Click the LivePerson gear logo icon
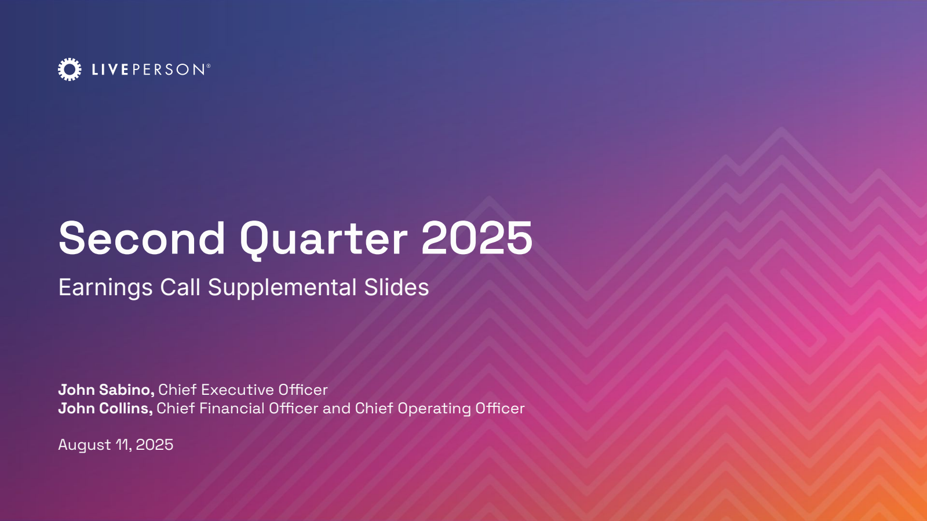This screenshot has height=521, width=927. pyautogui.click(x=70, y=69)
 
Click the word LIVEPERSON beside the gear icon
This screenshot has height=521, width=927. pyautogui.click(x=148, y=69)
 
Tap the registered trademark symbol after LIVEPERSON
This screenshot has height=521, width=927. pyautogui.click(x=208, y=66)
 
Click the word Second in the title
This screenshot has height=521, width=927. pyautogui.click(x=142, y=238)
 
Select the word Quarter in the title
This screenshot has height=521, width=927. pyautogui.click(x=324, y=240)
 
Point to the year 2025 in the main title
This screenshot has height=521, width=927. pyautogui.click(x=477, y=238)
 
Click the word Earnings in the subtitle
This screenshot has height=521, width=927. pyautogui.click(x=105, y=288)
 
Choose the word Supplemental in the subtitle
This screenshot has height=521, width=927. pyautogui.click(x=282, y=288)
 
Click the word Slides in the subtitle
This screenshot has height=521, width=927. pyautogui.click(x=396, y=287)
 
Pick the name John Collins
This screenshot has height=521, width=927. pyautogui.click(x=105, y=409)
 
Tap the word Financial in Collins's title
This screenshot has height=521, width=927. pyautogui.click(x=232, y=409)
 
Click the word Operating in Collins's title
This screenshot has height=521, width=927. pyautogui.click(x=434, y=409)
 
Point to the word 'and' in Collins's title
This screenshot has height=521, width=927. pyautogui.click(x=337, y=409)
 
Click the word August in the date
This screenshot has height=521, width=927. pyautogui.click(x=85, y=446)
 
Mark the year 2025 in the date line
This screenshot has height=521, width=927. pyautogui.click(x=154, y=445)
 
